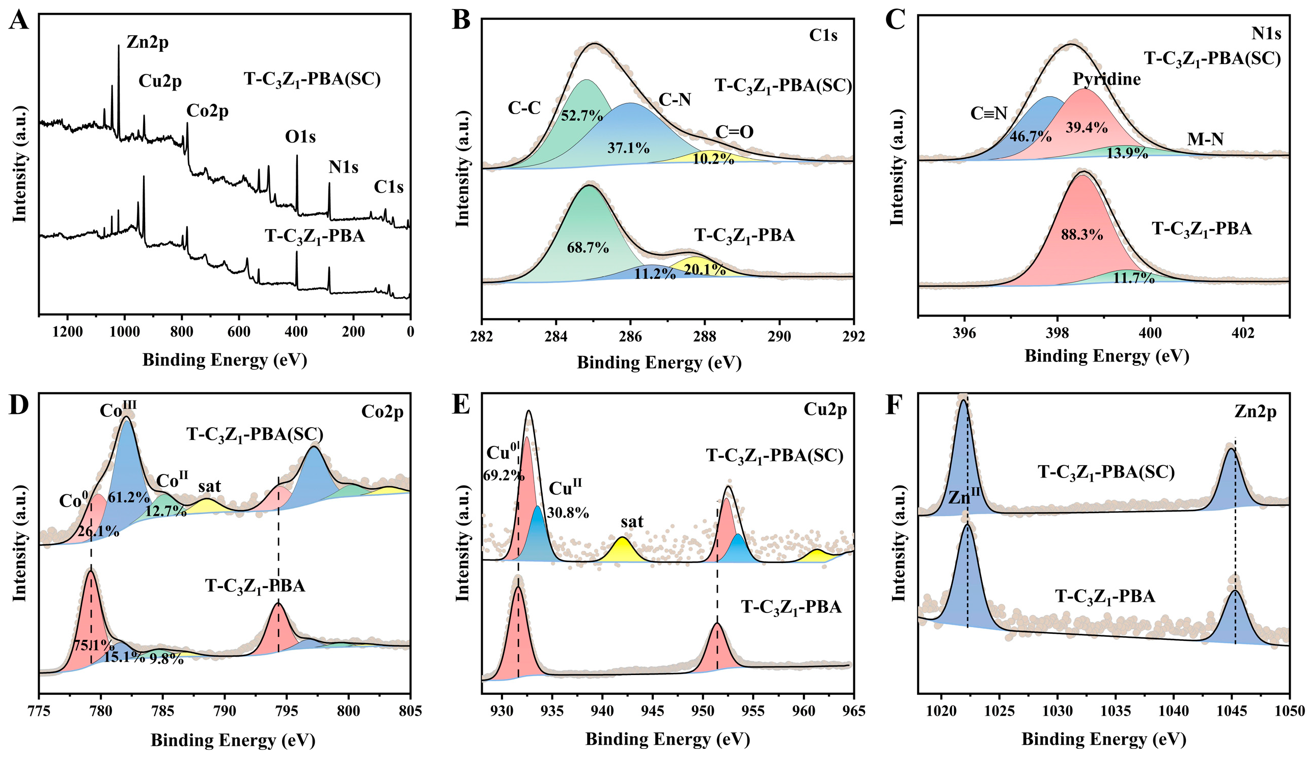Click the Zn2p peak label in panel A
tap(147, 43)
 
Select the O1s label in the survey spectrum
tap(300, 137)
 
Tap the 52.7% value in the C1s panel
tap(582, 116)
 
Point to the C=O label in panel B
tap(734, 132)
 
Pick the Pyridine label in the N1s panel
tap(1107, 79)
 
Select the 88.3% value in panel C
tap(1082, 235)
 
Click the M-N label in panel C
tap(1205, 139)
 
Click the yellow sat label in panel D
tap(210, 486)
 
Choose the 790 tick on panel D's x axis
tap(225, 711)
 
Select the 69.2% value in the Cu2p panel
tap(504, 475)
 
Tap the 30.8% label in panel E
tap(568, 513)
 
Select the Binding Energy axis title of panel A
tap(225, 360)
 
